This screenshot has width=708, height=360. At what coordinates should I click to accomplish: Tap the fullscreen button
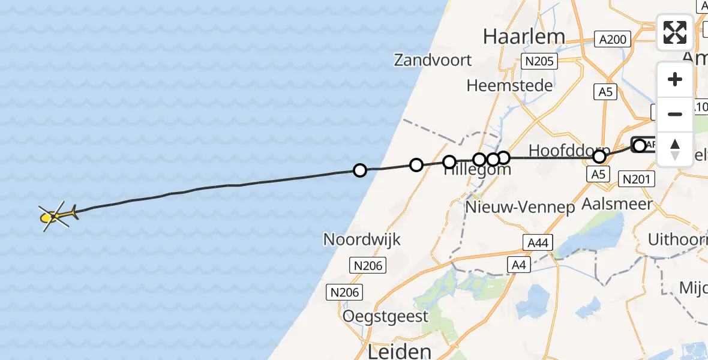point(675,32)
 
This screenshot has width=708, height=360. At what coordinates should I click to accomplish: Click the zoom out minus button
point(675,114)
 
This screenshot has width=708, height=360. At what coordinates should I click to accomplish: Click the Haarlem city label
point(524,37)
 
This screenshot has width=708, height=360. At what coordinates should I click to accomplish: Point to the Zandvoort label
point(433,60)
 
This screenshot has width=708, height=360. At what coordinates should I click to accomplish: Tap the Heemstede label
point(509,85)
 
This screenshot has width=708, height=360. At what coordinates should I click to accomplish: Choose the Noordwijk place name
point(361,239)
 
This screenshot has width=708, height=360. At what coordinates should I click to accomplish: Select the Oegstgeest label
point(385,316)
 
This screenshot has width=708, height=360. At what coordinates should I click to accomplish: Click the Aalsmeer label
point(617,204)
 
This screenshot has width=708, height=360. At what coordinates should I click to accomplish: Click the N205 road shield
point(539,61)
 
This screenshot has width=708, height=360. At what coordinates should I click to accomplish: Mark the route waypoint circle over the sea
point(359,170)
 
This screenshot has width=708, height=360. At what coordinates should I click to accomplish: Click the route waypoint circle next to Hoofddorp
point(599,157)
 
